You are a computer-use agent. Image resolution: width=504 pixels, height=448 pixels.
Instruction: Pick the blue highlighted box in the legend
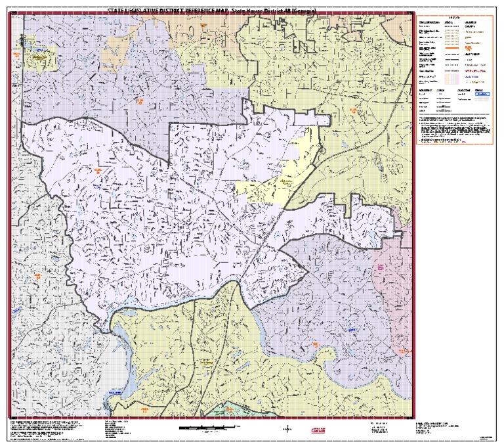(482, 94)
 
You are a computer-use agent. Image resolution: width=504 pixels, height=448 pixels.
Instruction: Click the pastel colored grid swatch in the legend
(451, 76)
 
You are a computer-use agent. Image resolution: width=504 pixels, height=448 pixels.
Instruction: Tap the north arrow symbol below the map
(286, 430)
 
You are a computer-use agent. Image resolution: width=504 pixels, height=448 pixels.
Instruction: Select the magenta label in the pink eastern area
(380, 267)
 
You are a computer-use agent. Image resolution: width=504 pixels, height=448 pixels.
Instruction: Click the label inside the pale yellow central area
(286, 179)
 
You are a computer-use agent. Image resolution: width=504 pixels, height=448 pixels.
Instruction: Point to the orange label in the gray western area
(37, 275)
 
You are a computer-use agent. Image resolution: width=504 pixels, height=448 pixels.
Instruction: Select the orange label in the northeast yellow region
(353, 110)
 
